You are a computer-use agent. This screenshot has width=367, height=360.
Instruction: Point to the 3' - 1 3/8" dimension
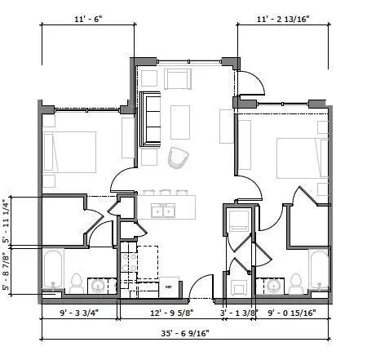pos(240,311)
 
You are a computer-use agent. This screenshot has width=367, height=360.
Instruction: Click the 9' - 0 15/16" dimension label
pos(290,311)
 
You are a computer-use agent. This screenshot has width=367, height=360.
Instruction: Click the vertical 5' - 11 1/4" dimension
pos(7,220)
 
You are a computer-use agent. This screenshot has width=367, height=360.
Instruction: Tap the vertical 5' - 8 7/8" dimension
pos(7,271)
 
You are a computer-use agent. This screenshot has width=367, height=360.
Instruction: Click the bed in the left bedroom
pos(69,152)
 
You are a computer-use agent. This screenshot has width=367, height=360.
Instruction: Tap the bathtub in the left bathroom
pos(53,271)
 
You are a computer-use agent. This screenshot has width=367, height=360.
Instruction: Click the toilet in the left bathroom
pos(77,282)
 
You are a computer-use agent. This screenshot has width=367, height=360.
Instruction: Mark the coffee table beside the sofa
pos(181,122)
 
